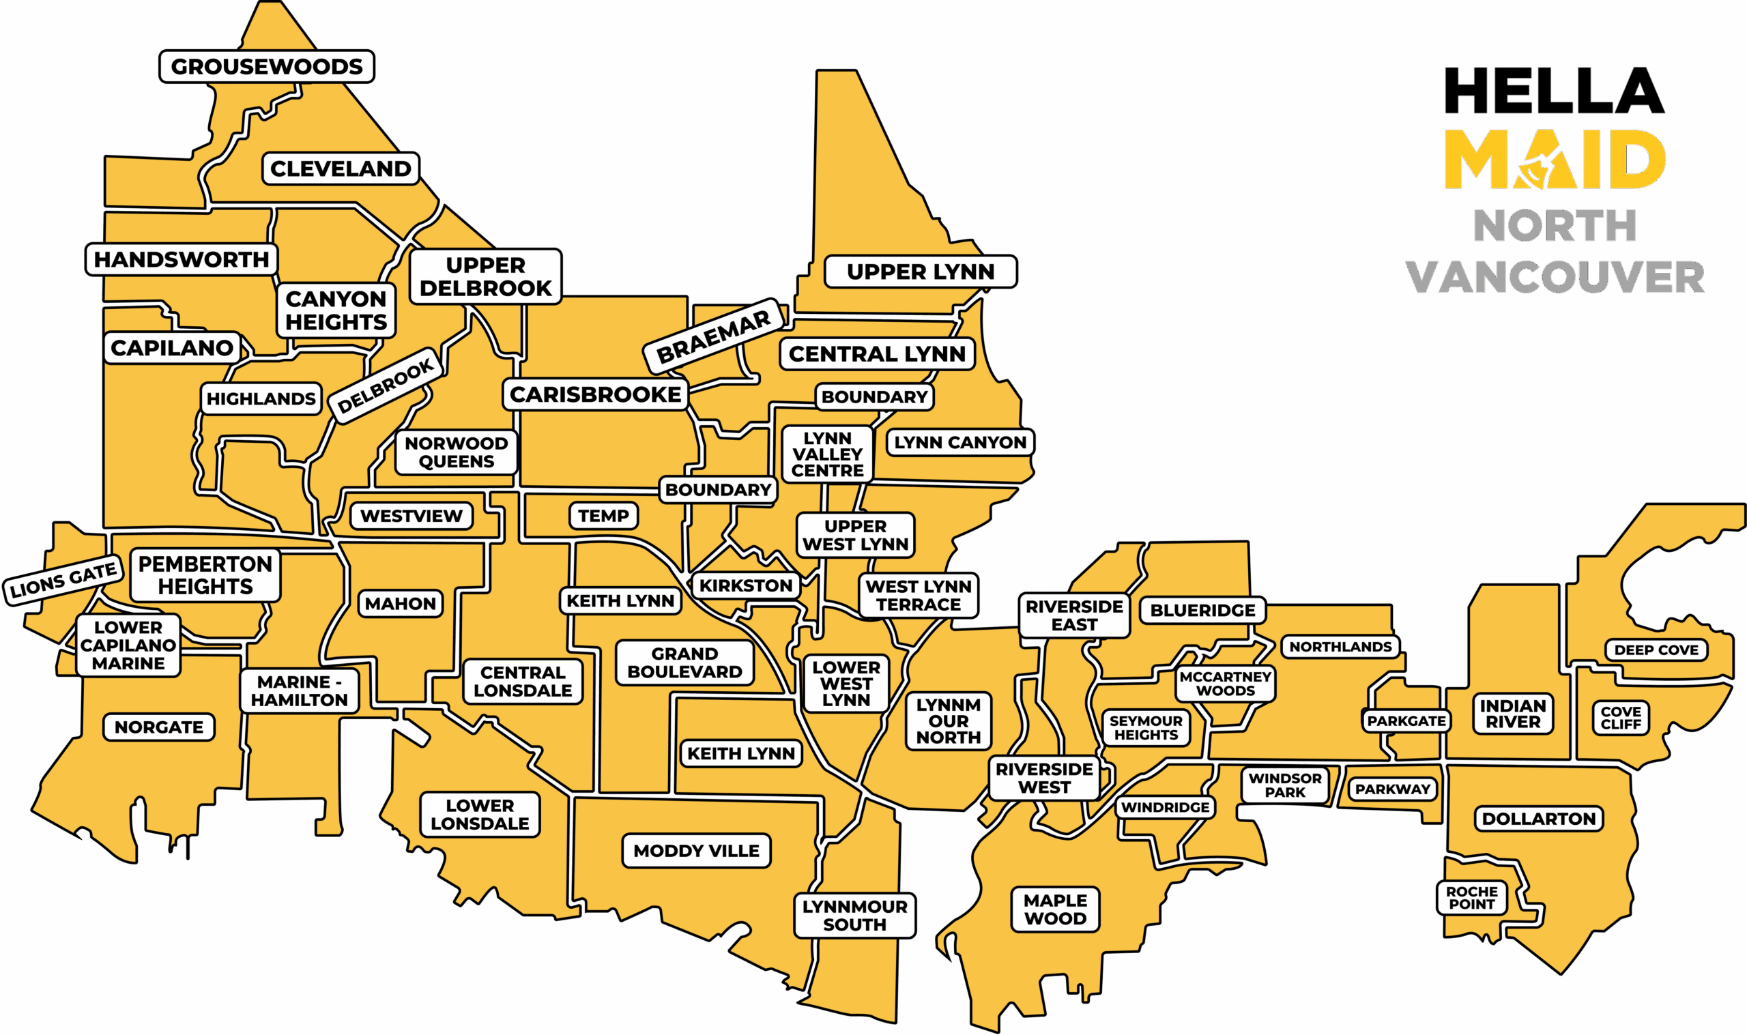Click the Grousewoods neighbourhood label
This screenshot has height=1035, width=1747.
(266, 67)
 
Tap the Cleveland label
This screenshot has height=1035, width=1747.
(341, 169)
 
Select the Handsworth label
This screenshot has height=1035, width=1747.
(182, 259)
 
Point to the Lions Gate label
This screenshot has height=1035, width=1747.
(63, 579)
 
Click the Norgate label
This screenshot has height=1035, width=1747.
(159, 727)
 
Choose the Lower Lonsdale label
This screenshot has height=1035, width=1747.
(480, 815)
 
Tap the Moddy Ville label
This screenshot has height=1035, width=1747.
(696, 851)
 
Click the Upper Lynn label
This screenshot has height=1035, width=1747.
(921, 272)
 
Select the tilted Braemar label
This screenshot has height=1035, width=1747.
(713, 337)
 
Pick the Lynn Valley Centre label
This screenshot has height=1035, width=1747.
(827, 454)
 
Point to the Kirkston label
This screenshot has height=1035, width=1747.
(745, 586)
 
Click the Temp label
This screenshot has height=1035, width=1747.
(603, 516)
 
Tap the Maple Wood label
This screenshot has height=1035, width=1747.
(1055, 909)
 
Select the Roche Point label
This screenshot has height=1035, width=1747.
(1471, 898)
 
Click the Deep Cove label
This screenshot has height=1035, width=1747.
(1656, 650)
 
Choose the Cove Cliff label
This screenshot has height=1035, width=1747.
(1621, 718)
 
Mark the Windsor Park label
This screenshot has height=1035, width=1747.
(1284, 785)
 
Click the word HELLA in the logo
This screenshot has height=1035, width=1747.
(1555, 91)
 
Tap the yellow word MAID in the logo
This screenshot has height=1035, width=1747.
(1555, 160)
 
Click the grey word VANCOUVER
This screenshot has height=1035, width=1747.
(1555, 278)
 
